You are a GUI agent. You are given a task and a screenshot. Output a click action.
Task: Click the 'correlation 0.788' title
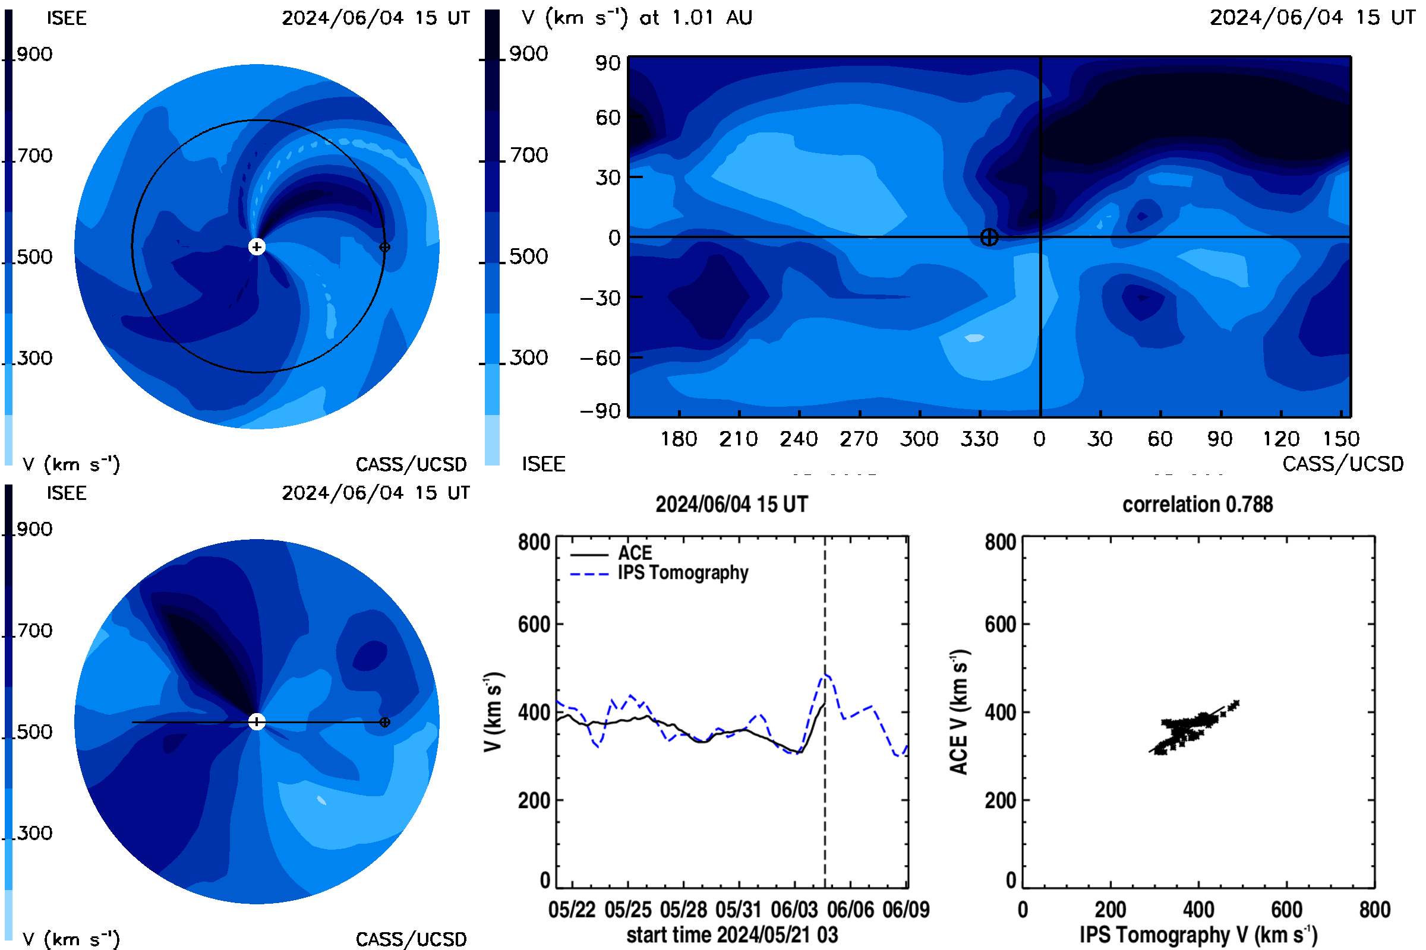coord(1197,505)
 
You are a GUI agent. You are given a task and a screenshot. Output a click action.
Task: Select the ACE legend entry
coord(611,553)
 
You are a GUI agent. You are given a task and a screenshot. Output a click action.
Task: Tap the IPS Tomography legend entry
coord(659,573)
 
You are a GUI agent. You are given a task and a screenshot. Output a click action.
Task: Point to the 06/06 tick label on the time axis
coord(851,910)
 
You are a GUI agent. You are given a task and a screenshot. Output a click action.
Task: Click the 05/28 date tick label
coord(683,910)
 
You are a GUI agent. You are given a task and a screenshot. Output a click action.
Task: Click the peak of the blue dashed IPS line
coord(826,674)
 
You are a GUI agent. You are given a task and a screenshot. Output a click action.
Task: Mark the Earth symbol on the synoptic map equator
coord(989,237)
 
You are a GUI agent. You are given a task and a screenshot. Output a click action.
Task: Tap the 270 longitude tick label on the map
coord(859,439)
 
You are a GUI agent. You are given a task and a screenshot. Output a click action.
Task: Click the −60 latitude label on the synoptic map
coord(601,359)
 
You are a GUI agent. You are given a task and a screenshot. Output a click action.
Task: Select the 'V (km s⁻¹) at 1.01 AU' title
coord(636,18)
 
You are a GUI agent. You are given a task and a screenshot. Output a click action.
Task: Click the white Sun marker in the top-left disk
coord(257,246)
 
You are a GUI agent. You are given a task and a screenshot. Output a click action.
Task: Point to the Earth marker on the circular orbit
coord(384,246)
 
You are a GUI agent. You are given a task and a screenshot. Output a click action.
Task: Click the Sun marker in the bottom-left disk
coord(257,721)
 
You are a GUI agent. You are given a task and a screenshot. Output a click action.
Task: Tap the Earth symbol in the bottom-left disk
coord(384,722)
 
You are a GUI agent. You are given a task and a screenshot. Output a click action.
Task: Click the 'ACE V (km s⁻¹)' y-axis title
coord(960,712)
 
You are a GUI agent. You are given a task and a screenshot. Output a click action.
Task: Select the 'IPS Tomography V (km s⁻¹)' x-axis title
coord(1198,935)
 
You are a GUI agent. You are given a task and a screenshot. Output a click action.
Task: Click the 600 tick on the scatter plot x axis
coord(1286,910)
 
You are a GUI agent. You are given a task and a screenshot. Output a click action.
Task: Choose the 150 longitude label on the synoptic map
coord(1341,439)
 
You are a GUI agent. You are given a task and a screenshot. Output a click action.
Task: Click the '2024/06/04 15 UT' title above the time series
coord(732,505)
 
